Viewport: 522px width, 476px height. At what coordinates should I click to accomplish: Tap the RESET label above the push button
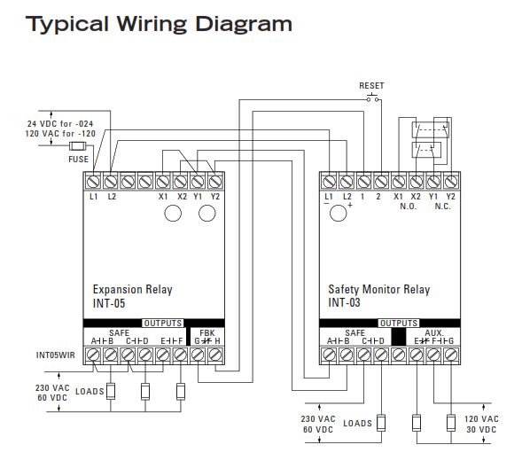point(371,85)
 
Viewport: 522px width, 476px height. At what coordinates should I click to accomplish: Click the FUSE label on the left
point(78,160)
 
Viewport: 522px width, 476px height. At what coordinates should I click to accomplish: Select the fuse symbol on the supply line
point(78,146)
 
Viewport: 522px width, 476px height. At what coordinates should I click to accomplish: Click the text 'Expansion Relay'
point(132,289)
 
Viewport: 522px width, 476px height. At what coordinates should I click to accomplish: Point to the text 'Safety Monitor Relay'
point(378,289)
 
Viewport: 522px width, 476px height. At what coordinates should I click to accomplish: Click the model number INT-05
point(110,302)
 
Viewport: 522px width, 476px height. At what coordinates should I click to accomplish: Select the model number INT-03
point(346,302)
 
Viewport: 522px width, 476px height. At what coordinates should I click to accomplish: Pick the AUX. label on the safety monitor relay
point(434,332)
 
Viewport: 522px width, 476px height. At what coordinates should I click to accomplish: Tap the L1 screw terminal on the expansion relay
point(94,181)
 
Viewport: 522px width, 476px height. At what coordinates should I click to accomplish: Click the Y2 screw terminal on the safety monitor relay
point(450,181)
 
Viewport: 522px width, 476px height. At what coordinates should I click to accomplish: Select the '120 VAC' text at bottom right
point(482,417)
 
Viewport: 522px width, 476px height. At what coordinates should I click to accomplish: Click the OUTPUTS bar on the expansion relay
point(163,323)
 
